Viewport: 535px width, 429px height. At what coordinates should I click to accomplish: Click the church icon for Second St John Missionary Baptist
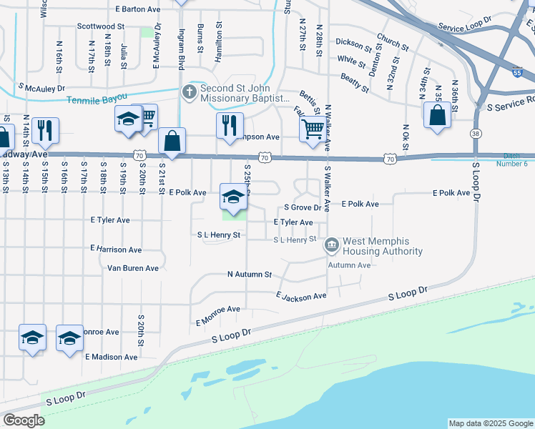point(190,92)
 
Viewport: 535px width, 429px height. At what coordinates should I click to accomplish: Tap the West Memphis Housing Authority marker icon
point(332,246)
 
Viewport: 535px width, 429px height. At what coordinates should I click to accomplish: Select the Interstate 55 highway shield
point(518,73)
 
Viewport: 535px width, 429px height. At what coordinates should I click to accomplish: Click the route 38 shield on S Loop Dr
point(475,133)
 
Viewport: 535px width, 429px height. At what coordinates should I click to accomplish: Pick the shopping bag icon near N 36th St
point(437,115)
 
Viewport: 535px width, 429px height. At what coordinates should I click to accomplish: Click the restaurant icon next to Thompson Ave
point(230,125)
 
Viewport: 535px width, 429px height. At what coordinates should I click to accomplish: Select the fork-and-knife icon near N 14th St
point(45,130)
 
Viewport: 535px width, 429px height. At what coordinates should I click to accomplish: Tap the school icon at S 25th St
point(233,196)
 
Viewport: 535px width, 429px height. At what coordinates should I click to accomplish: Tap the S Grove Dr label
point(303,207)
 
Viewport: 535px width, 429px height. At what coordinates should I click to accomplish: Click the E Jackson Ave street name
point(301,295)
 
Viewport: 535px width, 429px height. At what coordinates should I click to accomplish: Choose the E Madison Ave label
point(111,356)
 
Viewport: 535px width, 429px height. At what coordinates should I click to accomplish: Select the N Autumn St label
point(250,274)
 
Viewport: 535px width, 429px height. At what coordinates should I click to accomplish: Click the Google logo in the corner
point(24,420)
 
